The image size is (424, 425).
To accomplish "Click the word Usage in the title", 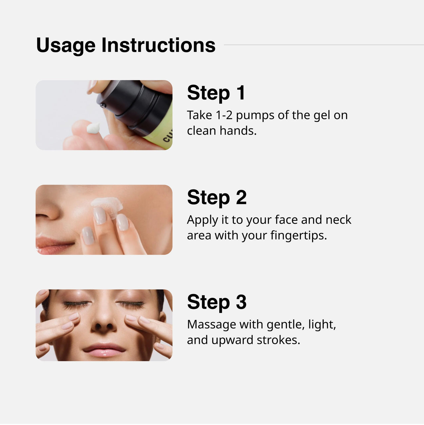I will [66, 45].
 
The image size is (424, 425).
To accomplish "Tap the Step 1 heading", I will [216, 93].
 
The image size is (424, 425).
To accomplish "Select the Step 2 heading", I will [217, 197].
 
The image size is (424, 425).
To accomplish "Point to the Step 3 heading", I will [217, 302].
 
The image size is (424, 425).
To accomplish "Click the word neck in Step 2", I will [338, 220].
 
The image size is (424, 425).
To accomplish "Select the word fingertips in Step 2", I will [298, 236].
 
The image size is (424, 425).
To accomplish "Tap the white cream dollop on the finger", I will [93, 128].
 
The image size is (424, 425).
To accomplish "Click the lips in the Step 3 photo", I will [104, 350].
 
